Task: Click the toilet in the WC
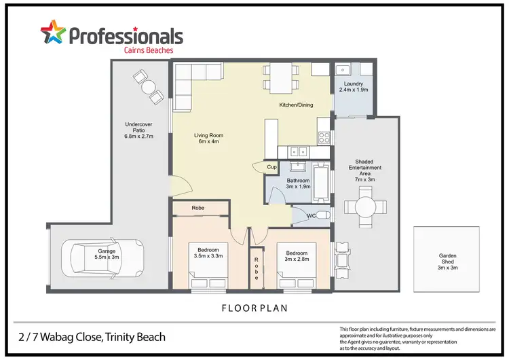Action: [323, 216]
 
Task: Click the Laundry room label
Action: [353, 86]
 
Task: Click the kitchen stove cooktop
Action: [324, 134]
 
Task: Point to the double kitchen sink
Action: [298, 152]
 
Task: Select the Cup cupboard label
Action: [271, 166]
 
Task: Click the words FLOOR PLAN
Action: [254, 308]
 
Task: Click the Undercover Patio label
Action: [139, 128]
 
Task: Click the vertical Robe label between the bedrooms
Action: [257, 266]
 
